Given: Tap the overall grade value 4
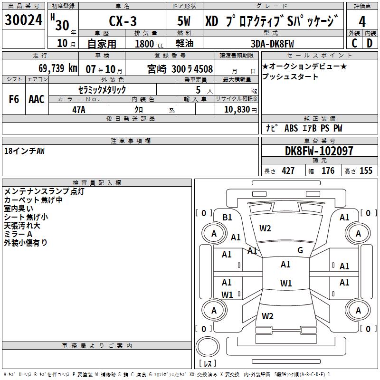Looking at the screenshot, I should coord(362,21).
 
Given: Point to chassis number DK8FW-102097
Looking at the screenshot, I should coord(319,152).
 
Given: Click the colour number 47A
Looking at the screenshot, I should coord(78,110).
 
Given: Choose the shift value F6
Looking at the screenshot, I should coord(14,99).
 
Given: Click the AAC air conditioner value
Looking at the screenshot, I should coord(37,99).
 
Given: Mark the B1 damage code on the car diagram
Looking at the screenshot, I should coord(227,218).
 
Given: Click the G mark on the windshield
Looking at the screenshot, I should coord(300,250).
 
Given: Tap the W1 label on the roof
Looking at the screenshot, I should coord(285,284).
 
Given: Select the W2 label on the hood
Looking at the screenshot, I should coord(265,228).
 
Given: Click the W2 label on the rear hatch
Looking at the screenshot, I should coord(267,316).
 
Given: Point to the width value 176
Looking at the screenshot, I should coord(328,171).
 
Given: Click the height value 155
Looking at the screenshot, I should coord(366,171).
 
